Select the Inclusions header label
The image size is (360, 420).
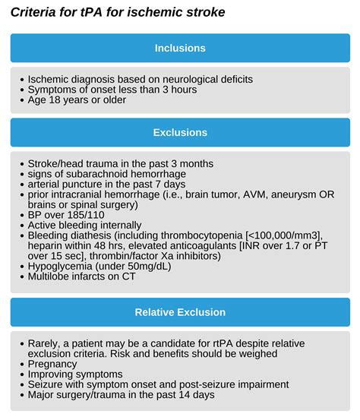(x=180, y=48)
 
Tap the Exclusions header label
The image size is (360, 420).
(x=180, y=132)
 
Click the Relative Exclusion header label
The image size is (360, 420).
(x=180, y=312)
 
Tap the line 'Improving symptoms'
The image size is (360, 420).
(x=74, y=374)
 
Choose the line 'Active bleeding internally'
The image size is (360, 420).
(x=84, y=225)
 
